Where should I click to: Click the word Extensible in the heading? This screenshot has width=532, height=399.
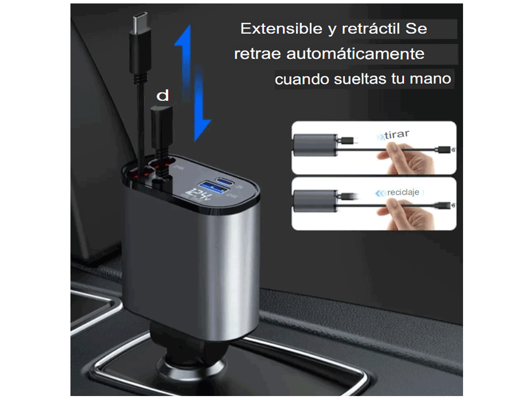click(281, 29)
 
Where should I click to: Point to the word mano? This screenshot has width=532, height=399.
click(433, 79)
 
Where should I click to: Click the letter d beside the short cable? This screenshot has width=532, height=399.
click(162, 96)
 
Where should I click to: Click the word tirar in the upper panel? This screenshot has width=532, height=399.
click(397, 134)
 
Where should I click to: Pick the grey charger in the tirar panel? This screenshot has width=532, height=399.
click(313, 146)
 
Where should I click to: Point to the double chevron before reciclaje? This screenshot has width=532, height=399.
click(380, 193)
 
